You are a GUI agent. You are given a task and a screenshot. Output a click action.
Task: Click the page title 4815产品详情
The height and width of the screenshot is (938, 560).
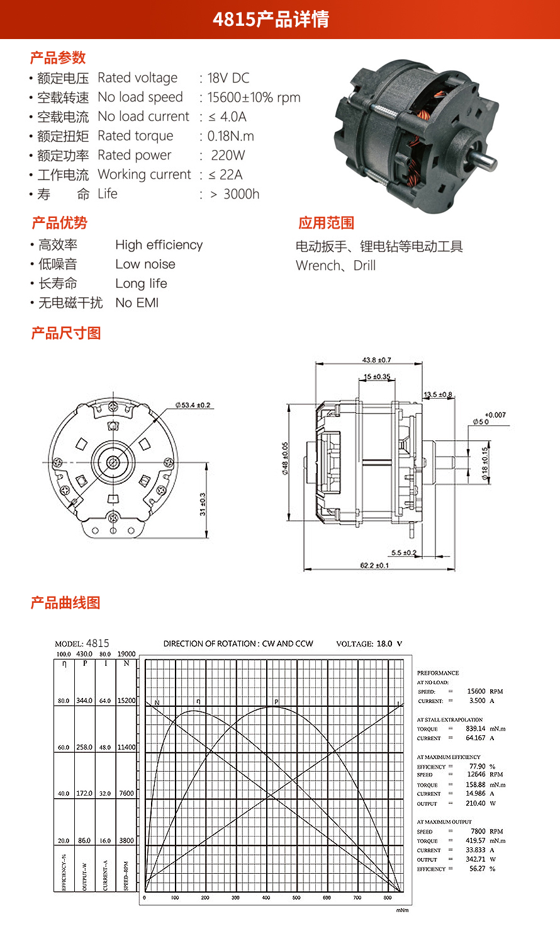click(x=271, y=20)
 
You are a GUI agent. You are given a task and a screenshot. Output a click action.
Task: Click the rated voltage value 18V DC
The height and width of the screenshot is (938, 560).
click(x=228, y=78)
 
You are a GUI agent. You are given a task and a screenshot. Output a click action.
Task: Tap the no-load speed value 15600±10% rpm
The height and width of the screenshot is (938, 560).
click(x=254, y=98)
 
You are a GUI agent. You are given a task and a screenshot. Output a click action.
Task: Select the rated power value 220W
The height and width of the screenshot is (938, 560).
click(x=228, y=155)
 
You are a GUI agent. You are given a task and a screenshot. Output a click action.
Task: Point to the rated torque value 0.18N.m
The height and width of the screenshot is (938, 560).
click(x=230, y=136)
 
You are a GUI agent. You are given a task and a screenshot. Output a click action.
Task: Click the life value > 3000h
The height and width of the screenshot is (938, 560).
click(x=235, y=194)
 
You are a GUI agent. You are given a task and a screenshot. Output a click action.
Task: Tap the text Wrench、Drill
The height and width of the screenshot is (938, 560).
click(x=335, y=266)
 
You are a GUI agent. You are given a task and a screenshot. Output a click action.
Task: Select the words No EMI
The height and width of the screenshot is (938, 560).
click(x=137, y=303)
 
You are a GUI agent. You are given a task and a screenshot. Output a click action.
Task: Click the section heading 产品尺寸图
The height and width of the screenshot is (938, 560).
click(x=66, y=333)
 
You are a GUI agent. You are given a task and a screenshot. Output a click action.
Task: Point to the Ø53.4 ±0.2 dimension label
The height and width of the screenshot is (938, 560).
click(x=193, y=405)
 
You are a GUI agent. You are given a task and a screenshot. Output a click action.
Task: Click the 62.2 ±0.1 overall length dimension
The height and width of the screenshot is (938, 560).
click(x=374, y=565)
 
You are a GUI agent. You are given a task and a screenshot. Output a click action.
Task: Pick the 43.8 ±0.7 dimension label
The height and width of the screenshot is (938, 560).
click(x=376, y=360)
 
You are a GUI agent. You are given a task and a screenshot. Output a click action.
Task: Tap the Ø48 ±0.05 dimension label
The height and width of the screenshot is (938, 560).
click(x=285, y=459)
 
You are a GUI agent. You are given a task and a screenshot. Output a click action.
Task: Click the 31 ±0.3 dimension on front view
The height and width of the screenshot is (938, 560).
click(x=203, y=504)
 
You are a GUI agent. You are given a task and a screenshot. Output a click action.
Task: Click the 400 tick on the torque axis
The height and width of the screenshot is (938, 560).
click(x=266, y=898)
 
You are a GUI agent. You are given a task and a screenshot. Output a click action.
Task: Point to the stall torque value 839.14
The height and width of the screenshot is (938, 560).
click(x=476, y=728)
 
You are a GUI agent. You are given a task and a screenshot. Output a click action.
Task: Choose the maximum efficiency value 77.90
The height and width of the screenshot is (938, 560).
click(x=478, y=766)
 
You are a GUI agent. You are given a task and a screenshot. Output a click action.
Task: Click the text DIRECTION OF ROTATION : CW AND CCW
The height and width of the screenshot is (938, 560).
click(x=238, y=644)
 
